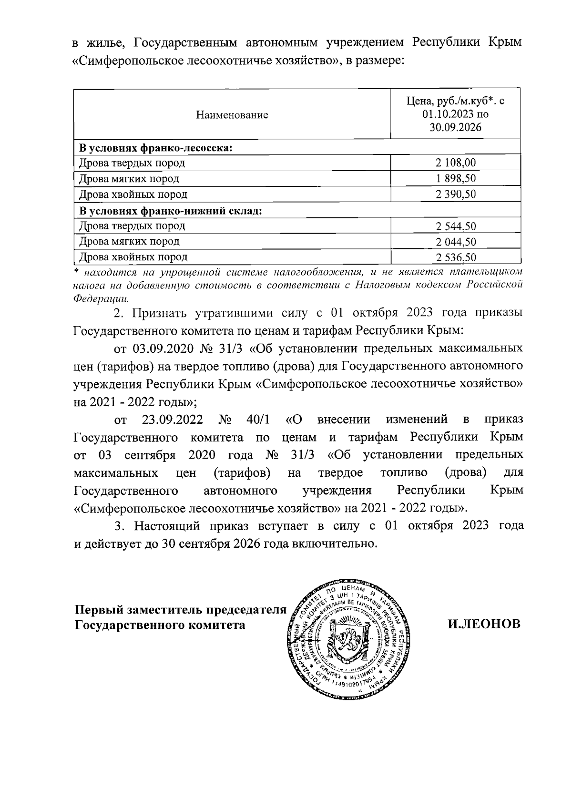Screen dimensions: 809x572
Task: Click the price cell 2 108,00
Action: pyautogui.click(x=455, y=163)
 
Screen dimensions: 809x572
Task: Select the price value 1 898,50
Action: pyautogui.click(x=455, y=179)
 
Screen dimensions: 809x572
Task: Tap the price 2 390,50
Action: pyautogui.click(x=455, y=195)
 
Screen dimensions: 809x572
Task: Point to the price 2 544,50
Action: pyautogui.click(x=455, y=226)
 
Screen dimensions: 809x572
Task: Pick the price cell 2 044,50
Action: pyautogui.click(x=455, y=242)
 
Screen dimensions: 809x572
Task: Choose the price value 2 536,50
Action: pyautogui.click(x=455, y=257)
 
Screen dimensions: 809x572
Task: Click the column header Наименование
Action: pyautogui.click(x=232, y=115)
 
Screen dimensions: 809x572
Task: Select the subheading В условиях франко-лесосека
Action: pyautogui.click(x=155, y=148)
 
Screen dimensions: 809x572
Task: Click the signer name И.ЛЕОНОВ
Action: pyautogui.click(x=484, y=624)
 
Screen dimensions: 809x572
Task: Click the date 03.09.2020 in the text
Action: pyautogui.click(x=162, y=348)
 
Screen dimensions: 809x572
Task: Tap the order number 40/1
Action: pyautogui.click(x=259, y=420)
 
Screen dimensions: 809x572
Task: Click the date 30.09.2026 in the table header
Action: pyautogui.click(x=455, y=127)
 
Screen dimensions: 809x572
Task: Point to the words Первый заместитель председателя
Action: pyautogui.click(x=181, y=610)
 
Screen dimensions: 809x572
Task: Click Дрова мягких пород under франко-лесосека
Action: pyautogui.click(x=129, y=179)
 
